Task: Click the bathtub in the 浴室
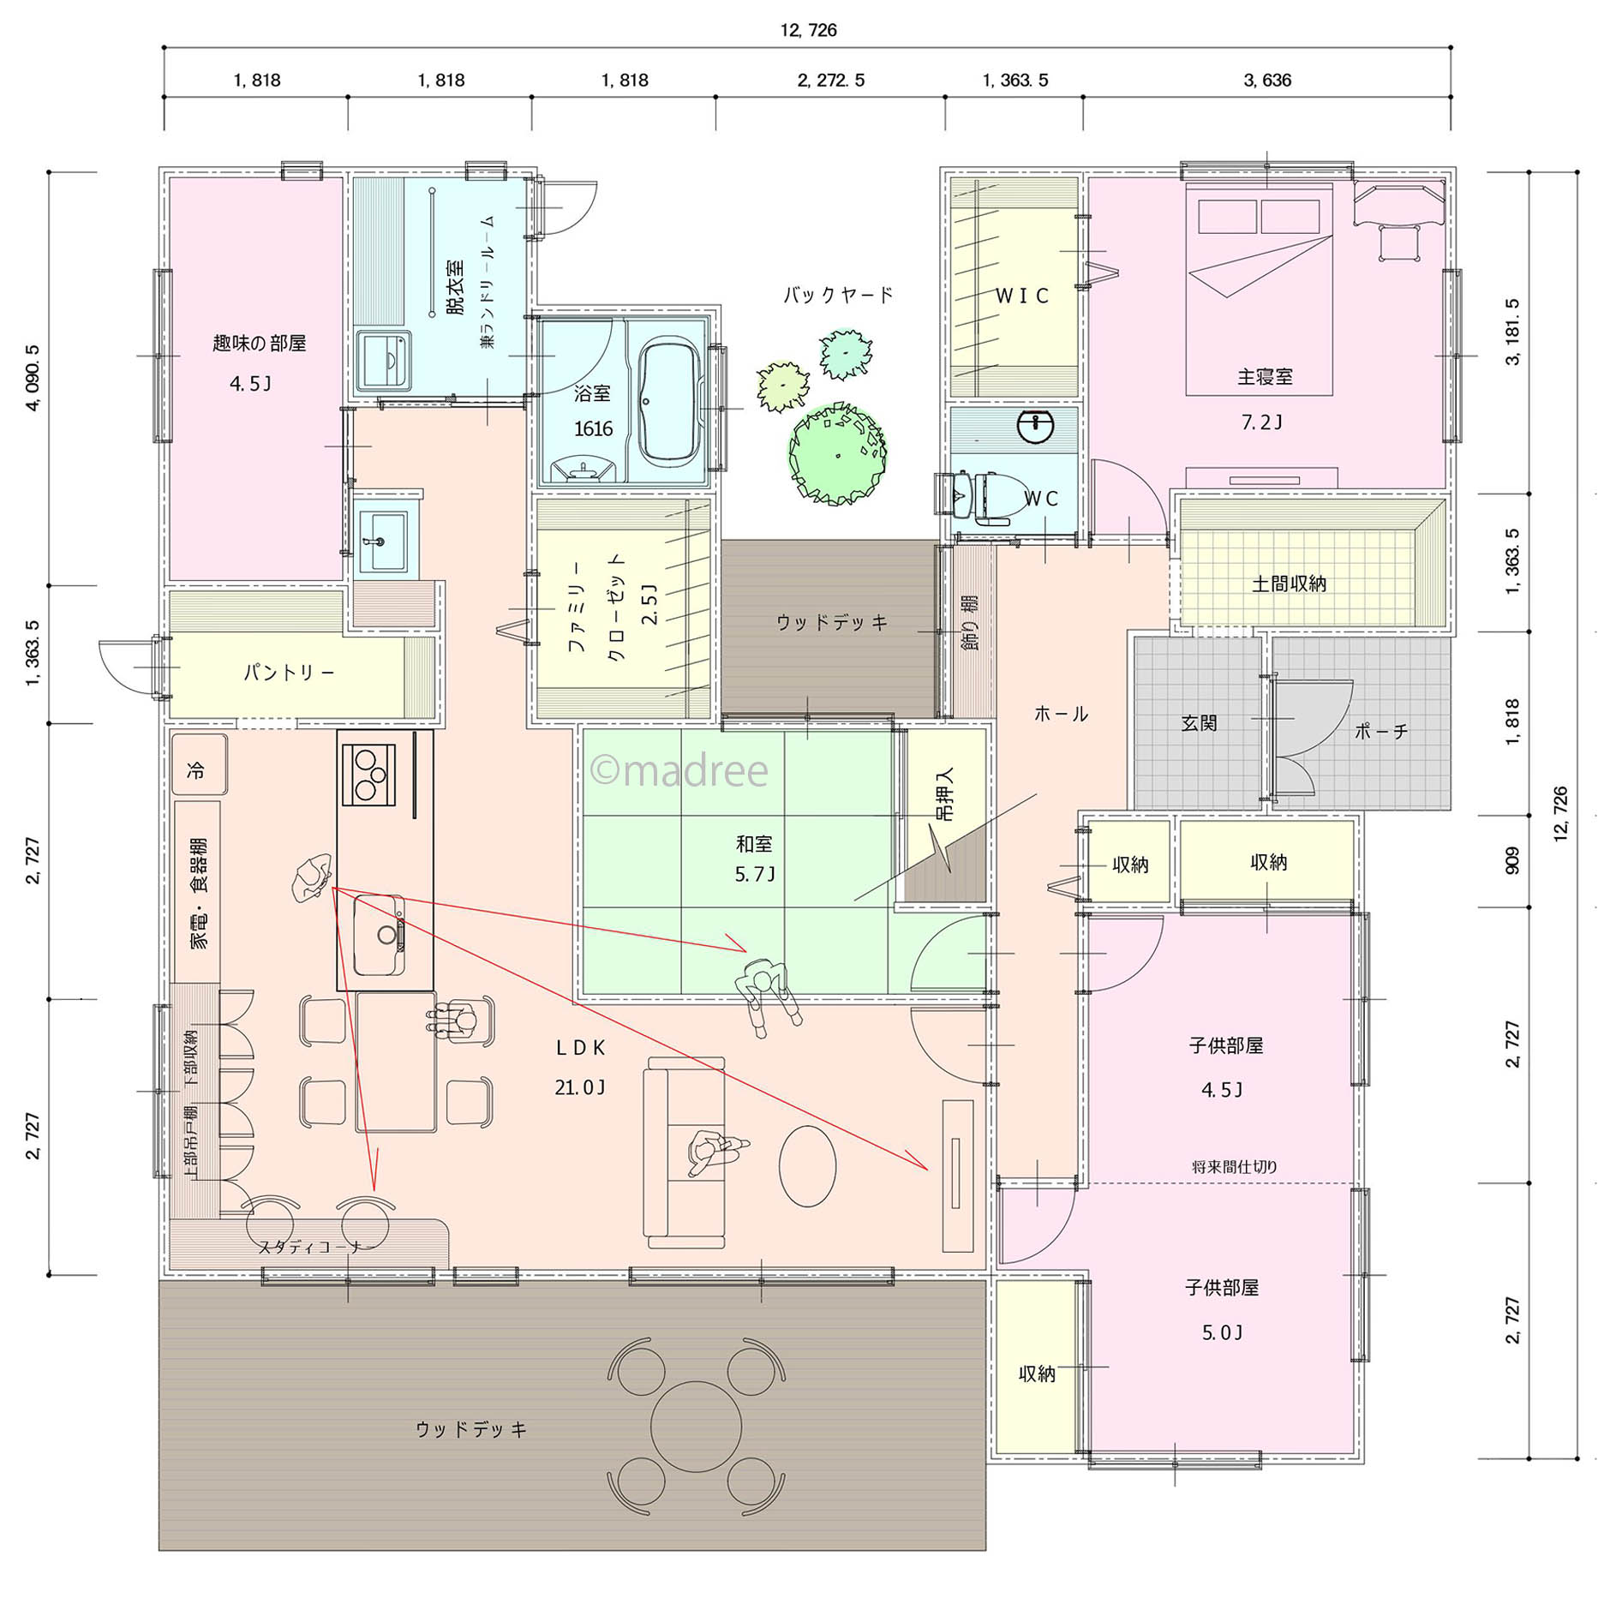point(671,403)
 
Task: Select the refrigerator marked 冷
point(200,764)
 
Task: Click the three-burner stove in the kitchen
point(368,775)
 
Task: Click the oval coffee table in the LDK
point(807,1165)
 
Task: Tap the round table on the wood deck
point(696,1427)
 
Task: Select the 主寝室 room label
point(1265,376)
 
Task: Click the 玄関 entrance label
point(1199,723)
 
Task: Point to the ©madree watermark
point(679,771)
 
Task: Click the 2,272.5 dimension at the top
point(830,81)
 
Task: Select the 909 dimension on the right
point(1512,861)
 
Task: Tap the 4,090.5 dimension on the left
point(33,378)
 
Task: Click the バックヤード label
point(838,296)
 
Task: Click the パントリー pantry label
point(289,673)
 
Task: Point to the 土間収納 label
point(1289,584)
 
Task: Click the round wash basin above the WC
point(1035,426)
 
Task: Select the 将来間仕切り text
point(1234,1167)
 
